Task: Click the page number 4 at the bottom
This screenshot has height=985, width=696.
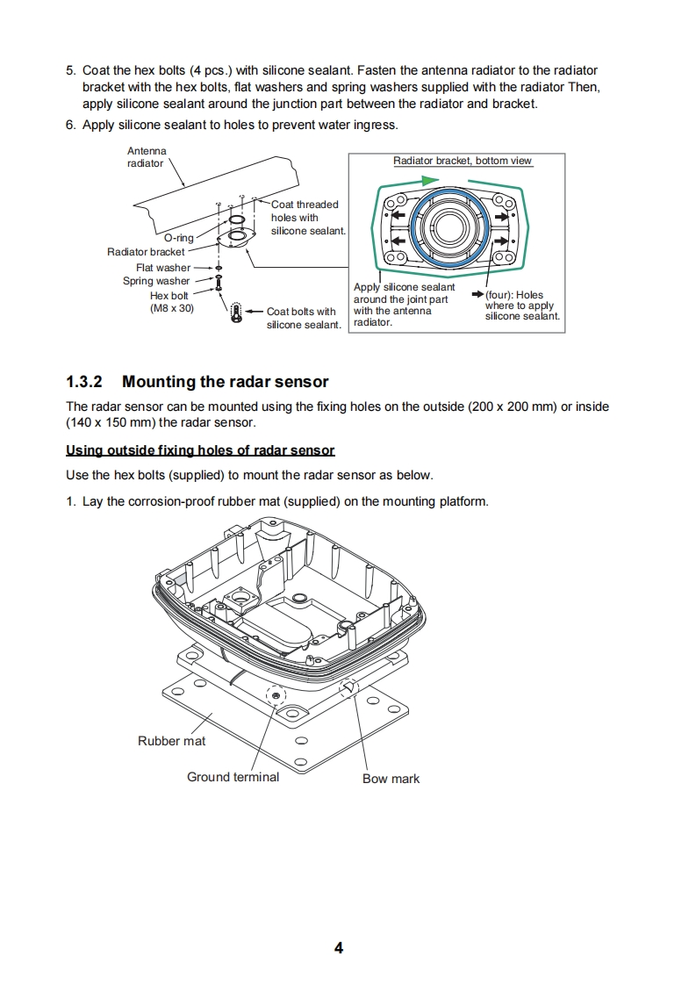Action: click(x=339, y=948)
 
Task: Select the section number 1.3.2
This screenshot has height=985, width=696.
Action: click(x=84, y=382)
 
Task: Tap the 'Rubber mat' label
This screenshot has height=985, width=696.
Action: click(x=171, y=741)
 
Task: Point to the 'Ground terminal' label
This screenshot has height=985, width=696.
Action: click(x=233, y=777)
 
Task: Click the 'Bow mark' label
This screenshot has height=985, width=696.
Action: click(x=391, y=779)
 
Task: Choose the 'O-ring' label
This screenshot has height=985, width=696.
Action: click(x=179, y=238)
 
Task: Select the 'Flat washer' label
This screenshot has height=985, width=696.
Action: click(x=163, y=268)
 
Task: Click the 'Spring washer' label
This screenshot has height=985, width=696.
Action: click(x=156, y=282)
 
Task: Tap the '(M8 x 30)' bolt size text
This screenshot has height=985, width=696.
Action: click(x=172, y=308)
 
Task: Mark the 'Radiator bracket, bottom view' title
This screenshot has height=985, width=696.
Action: click(x=463, y=161)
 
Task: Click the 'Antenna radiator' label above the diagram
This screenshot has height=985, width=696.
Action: click(x=147, y=157)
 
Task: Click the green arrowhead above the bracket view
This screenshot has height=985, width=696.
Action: click(x=428, y=179)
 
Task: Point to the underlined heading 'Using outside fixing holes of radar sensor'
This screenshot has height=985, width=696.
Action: click(x=200, y=450)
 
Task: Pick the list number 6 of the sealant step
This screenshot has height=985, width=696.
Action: click(x=70, y=125)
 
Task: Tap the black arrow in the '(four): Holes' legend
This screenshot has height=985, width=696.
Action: click(x=477, y=295)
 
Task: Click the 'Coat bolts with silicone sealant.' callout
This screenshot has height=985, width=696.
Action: click(x=303, y=318)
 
